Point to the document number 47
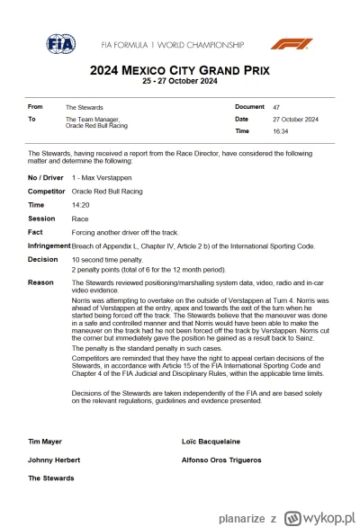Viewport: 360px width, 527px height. point(274,107)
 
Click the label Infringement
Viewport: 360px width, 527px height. point(49,245)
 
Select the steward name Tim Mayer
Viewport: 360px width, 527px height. point(45,442)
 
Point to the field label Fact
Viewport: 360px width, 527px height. point(36,231)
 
